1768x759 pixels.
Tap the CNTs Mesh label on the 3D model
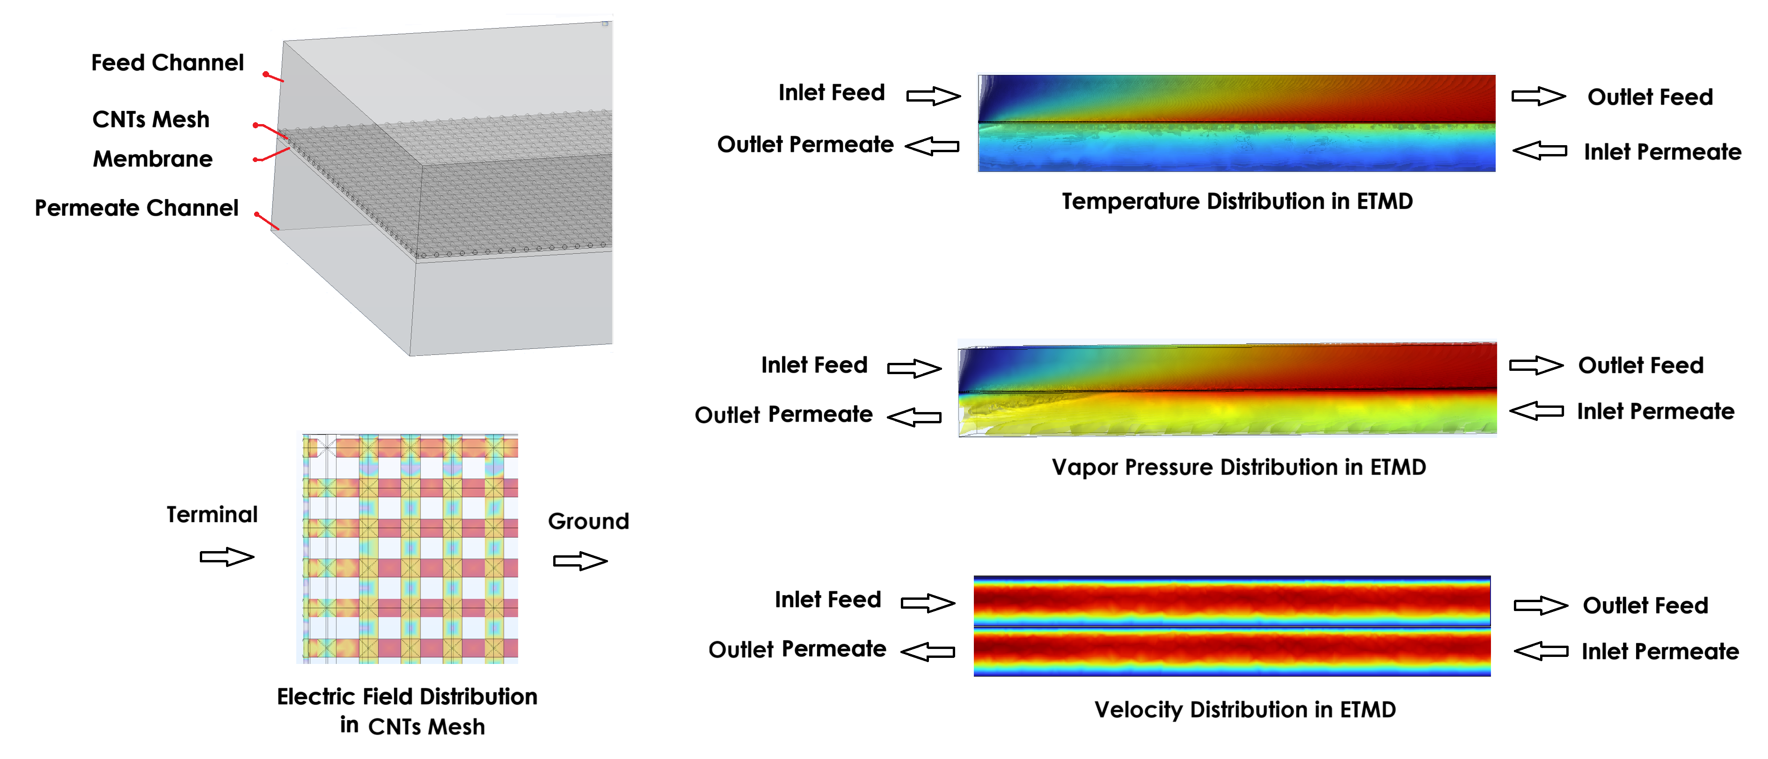[151, 119]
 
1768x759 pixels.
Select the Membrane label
[153, 159]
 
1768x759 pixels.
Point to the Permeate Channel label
[137, 208]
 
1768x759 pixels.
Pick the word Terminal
[212, 515]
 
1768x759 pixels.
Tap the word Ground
[588, 521]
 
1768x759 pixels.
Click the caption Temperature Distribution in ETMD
[1237, 201]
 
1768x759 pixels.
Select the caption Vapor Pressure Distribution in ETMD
[1238, 467]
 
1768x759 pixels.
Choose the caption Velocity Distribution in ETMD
[1244, 709]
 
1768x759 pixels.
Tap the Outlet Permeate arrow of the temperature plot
[932, 146]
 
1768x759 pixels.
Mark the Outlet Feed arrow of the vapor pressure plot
[1536, 365]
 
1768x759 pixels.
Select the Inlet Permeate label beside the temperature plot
[1662, 152]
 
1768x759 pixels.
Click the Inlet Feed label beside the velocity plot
[828, 600]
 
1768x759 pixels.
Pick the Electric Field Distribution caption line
[407, 697]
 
